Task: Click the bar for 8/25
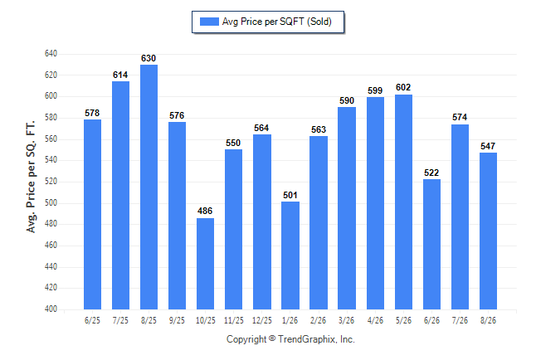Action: (149, 187)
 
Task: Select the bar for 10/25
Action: (205, 264)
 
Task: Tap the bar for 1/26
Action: (290, 255)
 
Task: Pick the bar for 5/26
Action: (403, 202)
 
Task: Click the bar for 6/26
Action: (431, 244)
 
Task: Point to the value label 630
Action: (149, 58)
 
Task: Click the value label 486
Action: (205, 211)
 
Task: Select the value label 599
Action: (375, 90)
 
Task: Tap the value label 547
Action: (488, 146)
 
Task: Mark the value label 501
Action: (290, 195)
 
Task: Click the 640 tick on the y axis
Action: (51, 54)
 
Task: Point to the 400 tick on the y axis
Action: (51, 309)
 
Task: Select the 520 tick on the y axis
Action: (51, 181)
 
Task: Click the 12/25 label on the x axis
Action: (262, 321)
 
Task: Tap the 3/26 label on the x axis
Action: (346, 321)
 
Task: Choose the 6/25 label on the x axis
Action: (92, 321)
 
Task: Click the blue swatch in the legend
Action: (209, 22)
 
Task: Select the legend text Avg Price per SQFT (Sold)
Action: (277, 22)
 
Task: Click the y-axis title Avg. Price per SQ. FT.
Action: (31, 177)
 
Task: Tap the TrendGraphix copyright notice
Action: (290, 339)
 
